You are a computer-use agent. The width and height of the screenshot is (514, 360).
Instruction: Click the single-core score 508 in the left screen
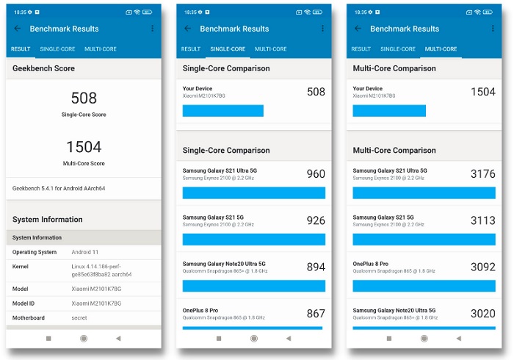pyautogui.click(x=83, y=98)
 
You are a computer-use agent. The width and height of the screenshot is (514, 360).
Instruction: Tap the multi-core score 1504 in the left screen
pyautogui.click(x=83, y=147)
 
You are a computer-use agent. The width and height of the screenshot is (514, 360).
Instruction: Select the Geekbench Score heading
pyautogui.click(x=43, y=68)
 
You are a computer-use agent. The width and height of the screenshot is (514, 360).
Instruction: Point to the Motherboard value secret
pyautogui.click(x=79, y=318)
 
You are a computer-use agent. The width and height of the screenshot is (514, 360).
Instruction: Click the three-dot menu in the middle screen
pyautogui.click(x=322, y=29)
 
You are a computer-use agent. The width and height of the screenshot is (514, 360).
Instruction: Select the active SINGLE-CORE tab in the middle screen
pyautogui.click(x=228, y=49)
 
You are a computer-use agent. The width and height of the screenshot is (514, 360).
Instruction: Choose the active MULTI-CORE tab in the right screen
pyautogui.click(x=441, y=49)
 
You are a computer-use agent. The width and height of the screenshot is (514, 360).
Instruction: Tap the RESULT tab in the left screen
pyautogui.click(x=21, y=49)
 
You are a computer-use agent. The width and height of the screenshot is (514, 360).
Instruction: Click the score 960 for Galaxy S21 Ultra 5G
pyautogui.click(x=315, y=174)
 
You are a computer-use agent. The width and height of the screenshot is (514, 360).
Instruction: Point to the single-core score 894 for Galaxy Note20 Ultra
pyautogui.click(x=315, y=267)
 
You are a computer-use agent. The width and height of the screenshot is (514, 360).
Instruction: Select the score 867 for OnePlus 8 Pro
pyautogui.click(x=315, y=314)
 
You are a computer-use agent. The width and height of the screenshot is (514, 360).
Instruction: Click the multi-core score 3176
pyautogui.click(x=482, y=174)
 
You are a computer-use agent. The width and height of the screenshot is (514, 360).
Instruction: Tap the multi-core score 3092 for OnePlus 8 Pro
pyautogui.click(x=482, y=267)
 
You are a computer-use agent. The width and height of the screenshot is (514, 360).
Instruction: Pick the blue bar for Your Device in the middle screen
pyautogui.click(x=222, y=111)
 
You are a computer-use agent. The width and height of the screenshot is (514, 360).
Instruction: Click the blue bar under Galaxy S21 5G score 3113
pyautogui.click(x=424, y=240)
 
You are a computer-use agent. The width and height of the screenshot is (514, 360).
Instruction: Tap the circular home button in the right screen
pyautogui.click(x=424, y=339)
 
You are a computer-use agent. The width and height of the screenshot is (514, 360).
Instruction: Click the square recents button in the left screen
pyautogui.click(x=48, y=339)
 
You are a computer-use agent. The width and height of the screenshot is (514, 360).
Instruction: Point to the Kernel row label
pyautogui.click(x=21, y=266)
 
